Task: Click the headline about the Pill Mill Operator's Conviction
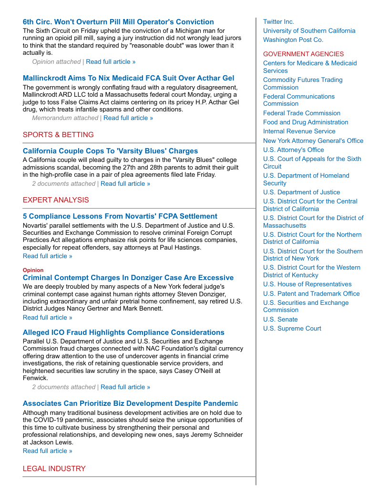(x=118, y=22)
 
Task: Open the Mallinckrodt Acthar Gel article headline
(x=128, y=78)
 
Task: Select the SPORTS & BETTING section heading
(x=58, y=135)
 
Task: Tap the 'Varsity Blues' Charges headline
(x=110, y=151)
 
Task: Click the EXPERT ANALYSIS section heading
(x=56, y=200)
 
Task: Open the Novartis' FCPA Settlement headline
(x=120, y=216)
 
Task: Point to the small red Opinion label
(x=33, y=270)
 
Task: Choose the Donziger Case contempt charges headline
(x=128, y=278)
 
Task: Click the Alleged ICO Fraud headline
(x=123, y=332)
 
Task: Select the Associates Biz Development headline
(x=130, y=403)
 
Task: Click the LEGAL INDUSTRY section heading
(x=54, y=469)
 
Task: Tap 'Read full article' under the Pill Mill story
(x=111, y=62)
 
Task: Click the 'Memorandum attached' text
(x=65, y=118)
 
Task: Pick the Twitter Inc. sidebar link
(x=278, y=22)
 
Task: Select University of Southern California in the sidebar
(x=309, y=31)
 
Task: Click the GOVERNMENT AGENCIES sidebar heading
(x=303, y=54)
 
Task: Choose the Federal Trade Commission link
(x=302, y=113)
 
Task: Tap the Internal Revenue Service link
(x=299, y=131)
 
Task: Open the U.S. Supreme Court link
(x=292, y=329)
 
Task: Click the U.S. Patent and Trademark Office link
(x=311, y=294)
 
